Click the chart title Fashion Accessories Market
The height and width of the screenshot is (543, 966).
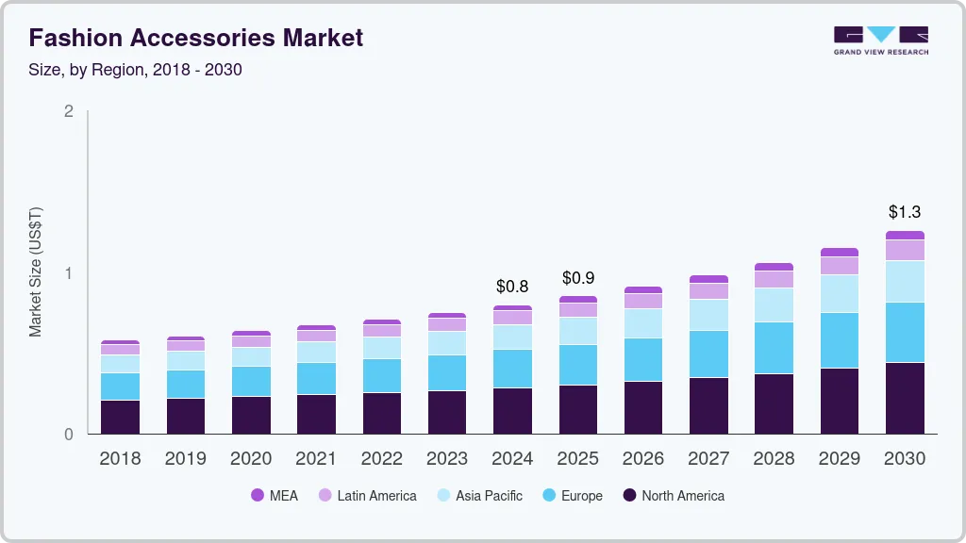pyautogui.click(x=195, y=38)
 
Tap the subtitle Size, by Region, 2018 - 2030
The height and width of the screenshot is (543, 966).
pyautogui.click(x=142, y=69)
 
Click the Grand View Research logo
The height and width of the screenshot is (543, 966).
pyautogui.click(x=880, y=40)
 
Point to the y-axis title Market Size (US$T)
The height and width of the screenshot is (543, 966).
pyautogui.click(x=36, y=271)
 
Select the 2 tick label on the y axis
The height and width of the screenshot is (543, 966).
pyautogui.click(x=68, y=111)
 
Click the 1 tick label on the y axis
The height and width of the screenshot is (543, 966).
pyautogui.click(x=68, y=273)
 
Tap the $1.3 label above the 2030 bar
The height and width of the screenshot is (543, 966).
pyautogui.click(x=904, y=212)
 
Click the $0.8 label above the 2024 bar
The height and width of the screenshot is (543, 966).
pyautogui.click(x=512, y=286)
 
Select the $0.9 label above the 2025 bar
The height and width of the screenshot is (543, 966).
pyautogui.click(x=578, y=278)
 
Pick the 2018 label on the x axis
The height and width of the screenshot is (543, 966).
pyautogui.click(x=120, y=459)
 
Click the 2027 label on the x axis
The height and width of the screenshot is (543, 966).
pyautogui.click(x=708, y=459)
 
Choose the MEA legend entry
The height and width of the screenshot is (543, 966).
pyautogui.click(x=275, y=496)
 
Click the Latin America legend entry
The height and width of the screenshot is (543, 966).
pyautogui.click(x=367, y=496)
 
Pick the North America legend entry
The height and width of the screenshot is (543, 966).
pyautogui.click(x=673, y=496)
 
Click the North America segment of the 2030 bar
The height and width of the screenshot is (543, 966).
pyautogui.click(x=905, y=398)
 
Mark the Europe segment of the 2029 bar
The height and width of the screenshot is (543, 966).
pyautogui.click(x=839, y=340)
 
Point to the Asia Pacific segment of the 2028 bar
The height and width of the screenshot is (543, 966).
pyautogui.click(x=774, y=304)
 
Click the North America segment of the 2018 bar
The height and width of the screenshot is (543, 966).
pyautogui.click(x=120, y=417)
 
